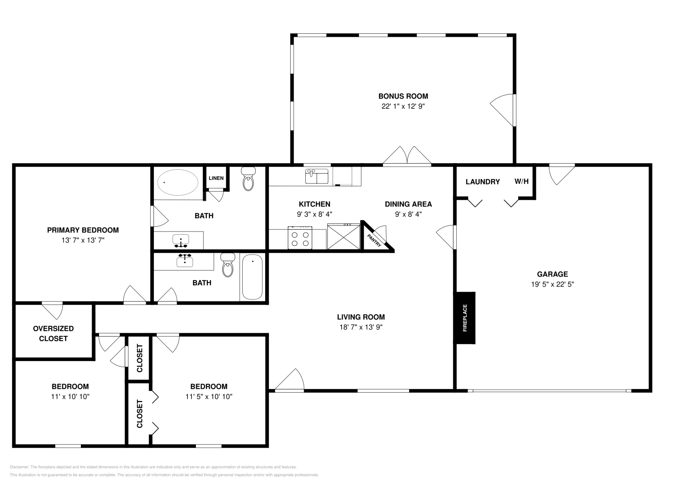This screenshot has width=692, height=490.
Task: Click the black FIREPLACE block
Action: (x=465, y=318)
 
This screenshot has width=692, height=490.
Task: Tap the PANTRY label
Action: (x=374, y=240)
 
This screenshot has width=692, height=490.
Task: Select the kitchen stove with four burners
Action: (x=300, y=238)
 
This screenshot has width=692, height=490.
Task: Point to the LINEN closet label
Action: (x=216, y=178)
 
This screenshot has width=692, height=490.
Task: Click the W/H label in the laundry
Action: (x=521, y=181)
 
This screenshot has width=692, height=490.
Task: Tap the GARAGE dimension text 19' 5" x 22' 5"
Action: (x=552, y=284)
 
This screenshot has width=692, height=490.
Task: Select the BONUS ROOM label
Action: (x=403, y=96)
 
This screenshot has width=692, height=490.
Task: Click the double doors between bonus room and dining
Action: (x=407, y=157)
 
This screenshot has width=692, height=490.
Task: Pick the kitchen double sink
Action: (x=317, y=176)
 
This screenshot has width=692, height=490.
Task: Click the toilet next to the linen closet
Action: (x=248, y=179)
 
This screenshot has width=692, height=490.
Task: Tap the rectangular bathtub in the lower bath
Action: (x=252, y=277)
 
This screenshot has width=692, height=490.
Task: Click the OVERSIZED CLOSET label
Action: (x=53, y=333)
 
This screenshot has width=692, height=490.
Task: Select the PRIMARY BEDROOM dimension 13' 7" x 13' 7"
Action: (x=83, y=240)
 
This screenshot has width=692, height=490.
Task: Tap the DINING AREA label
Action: (x=408, y=204)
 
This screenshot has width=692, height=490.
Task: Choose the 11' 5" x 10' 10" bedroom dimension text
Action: (x=209, y=397)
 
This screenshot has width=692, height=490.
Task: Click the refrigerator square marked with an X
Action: (x=343, y=236)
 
